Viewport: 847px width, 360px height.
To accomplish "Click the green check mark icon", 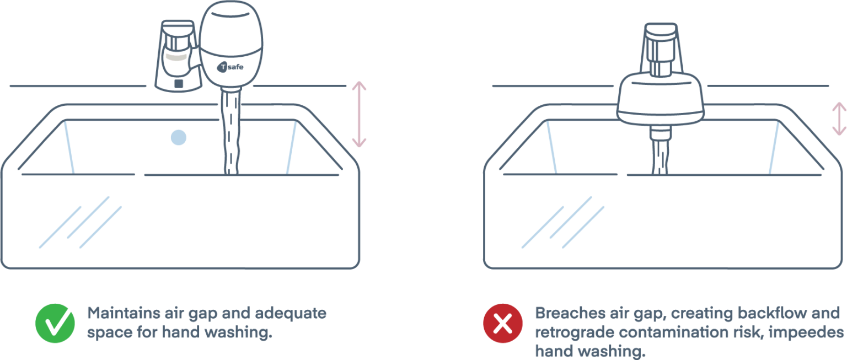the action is pos(55,323).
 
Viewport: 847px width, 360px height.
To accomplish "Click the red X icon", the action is pos(503,323).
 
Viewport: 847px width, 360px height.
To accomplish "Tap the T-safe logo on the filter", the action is pos(230,67).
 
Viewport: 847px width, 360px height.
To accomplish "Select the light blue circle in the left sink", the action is pos(179,137).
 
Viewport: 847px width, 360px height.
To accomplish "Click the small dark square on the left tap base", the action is pos(179,84).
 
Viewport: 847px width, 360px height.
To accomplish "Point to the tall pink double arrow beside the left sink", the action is pos(359,114).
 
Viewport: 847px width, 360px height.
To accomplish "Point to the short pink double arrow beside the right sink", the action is pos(839,119).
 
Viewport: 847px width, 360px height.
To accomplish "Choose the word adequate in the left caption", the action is pos(291,313).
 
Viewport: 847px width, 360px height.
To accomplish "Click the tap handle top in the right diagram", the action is pos(661,31).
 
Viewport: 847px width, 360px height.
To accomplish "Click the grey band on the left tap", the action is pos(176,57).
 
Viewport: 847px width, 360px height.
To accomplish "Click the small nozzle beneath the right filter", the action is pos(660,133).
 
